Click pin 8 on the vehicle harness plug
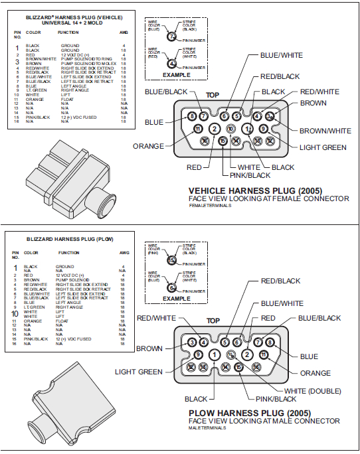click(192, 116)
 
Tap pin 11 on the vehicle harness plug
click(197, 129)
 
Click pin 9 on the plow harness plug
click(197, 355)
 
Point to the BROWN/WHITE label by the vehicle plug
click(325, 131)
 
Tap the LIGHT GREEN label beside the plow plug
click(138, 372)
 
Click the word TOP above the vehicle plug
click(213, 96)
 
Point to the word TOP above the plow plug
click(213, 321)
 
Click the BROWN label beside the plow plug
click(149, 348)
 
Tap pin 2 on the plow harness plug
click(246, 355)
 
